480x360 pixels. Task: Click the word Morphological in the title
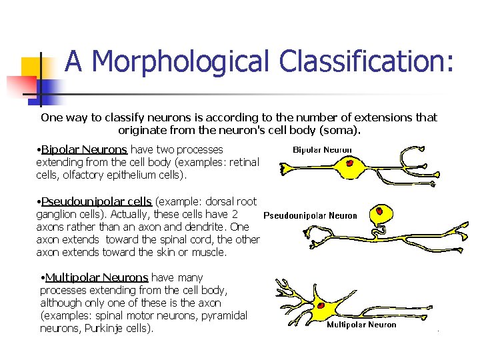point(181,63)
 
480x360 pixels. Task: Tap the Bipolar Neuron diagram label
point(323,150)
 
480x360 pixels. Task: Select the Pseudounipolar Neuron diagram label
point(310,216)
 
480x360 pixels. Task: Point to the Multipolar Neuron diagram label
point(361,325)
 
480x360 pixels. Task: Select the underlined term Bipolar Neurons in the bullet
point(84,150)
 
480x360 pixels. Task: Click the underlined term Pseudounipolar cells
point(97,202)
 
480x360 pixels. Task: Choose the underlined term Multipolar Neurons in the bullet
point(97,277)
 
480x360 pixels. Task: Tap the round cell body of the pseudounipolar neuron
point(383,215)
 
